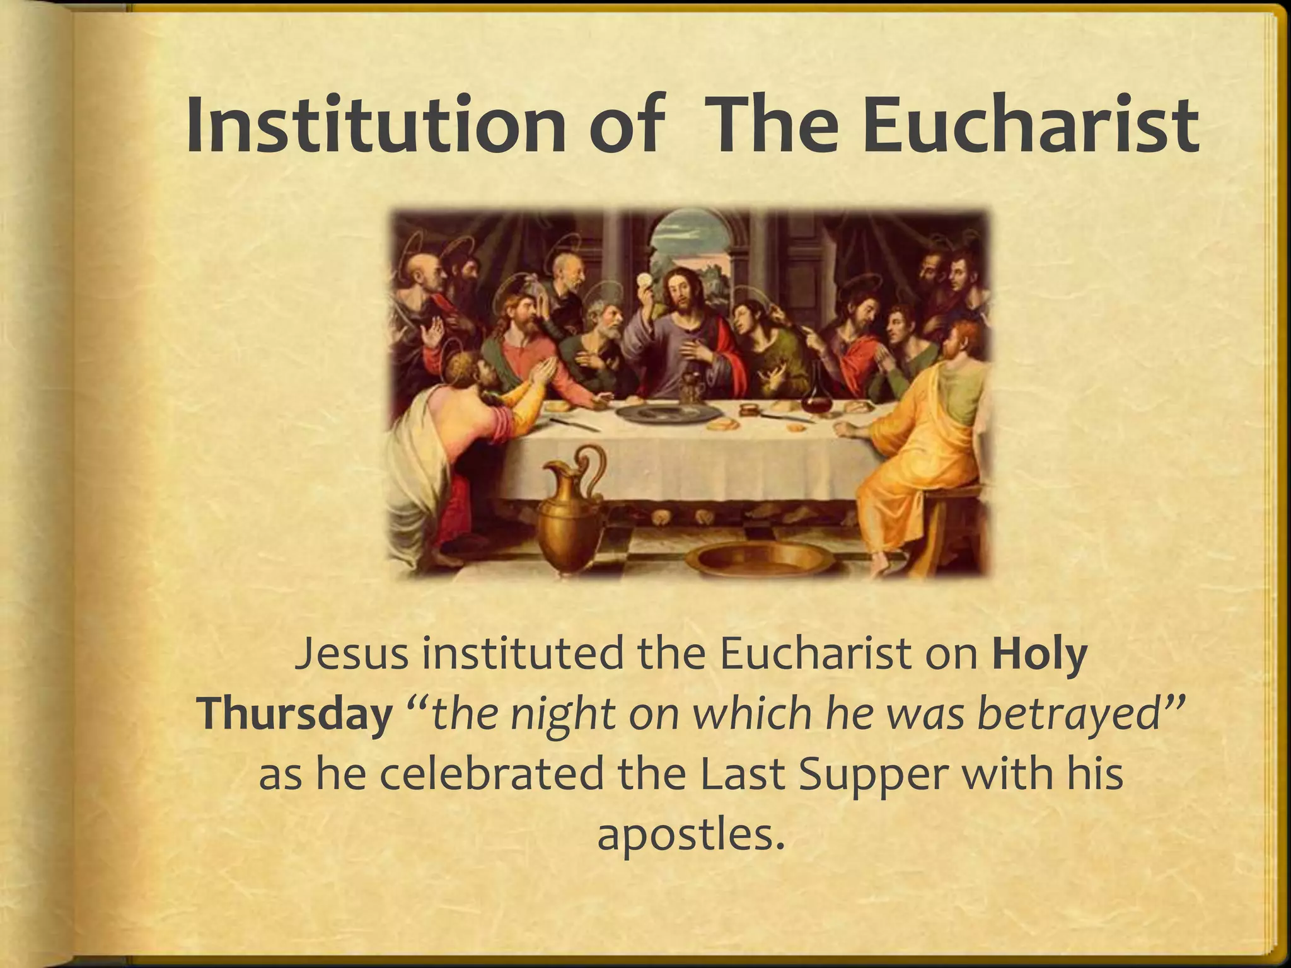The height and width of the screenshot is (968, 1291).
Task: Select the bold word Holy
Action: [x=1041, y=655]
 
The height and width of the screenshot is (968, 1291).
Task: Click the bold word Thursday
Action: [x=294, y=717]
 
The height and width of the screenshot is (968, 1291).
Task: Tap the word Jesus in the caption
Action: [x=352, y=655]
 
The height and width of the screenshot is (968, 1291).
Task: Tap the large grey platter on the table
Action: [x=668, y=413]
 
